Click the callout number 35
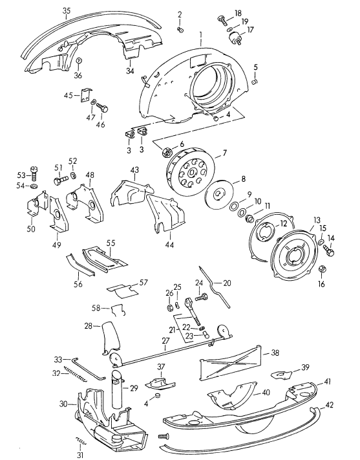pyautogui.click(x=67, y=11)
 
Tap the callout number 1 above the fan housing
pyautogui.click(x=201, y=34)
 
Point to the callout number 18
pyautogui.click(x=238, y=14)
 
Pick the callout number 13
pyautogui.click(x=316, y=219)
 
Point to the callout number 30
pyautogui.click(x=62, y=404)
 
